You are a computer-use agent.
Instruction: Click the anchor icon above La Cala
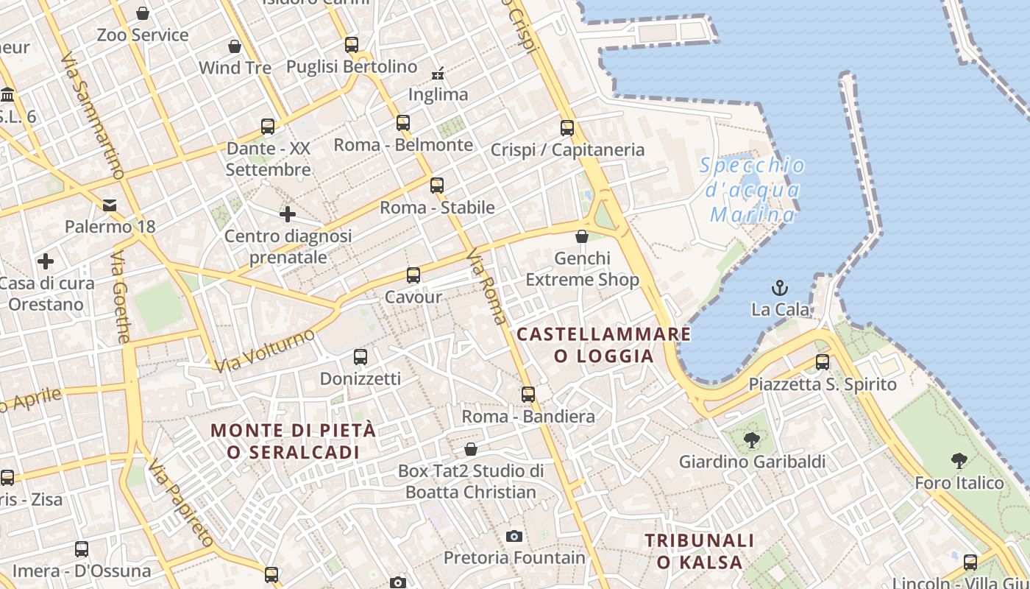(x=779, y=287)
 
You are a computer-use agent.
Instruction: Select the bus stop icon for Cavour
(x=413, y=275)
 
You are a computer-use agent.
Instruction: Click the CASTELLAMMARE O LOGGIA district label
(x=603, y=345)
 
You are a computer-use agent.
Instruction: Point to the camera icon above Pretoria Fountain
(x=514, y=536)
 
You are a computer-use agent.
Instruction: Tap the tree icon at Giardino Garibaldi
(x=751, y=440)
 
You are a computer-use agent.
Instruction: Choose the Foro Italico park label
(x=959, y=483)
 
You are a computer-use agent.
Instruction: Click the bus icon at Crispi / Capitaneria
(x=566, y=127)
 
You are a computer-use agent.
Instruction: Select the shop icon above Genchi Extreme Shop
(x=582, y=236)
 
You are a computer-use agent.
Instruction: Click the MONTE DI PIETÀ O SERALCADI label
(x=294, y=441)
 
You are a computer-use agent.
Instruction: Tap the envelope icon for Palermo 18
(x=110, y=205)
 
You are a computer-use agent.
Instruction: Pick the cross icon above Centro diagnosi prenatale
(x=287, y=214)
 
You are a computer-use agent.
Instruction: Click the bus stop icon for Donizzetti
(x=360, y=357)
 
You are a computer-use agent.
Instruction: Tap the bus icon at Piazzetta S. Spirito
(x=822, y=362)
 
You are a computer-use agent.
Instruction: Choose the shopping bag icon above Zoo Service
(x=143, y=13)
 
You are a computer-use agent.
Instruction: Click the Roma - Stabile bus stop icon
(x=437, y=186)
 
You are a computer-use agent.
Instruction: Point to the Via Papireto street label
(x=180, y=504)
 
